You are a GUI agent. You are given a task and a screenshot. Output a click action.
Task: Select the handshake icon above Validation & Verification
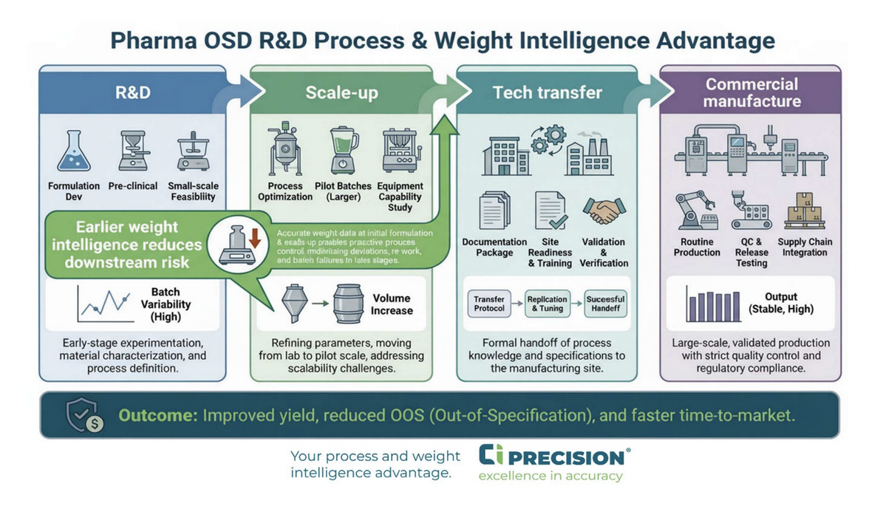coord(604,211)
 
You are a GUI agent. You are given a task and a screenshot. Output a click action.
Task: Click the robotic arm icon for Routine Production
coord(695,211)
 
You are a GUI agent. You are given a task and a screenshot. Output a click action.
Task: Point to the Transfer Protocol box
coord(489,304)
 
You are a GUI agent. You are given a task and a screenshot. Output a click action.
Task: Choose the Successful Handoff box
coord(605,304)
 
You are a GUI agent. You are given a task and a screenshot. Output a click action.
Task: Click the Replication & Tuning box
coord(547,304)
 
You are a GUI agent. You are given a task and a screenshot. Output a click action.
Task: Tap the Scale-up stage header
coord(341,92)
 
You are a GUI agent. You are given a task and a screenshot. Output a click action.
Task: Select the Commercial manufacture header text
coord(751,92)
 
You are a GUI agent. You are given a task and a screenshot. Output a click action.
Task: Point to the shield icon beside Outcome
coord(83,415)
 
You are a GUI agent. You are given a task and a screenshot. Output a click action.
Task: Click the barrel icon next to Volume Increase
coord(349,304)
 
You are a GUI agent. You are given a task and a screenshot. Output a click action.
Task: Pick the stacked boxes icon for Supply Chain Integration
coord(804,211)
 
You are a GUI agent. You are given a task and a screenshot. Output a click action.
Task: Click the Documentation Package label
coord(494,247)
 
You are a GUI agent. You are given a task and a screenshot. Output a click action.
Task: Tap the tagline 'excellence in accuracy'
coord(550,476)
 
